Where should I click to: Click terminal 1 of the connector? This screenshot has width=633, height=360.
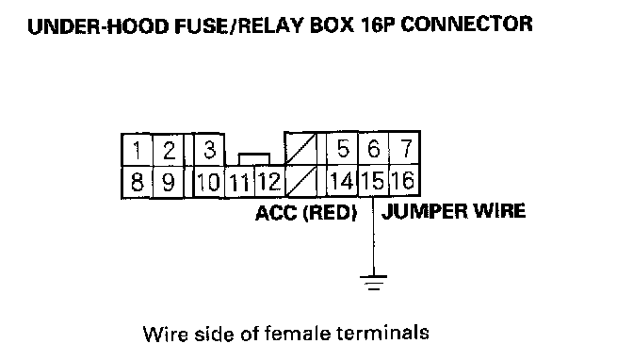click(138, 150)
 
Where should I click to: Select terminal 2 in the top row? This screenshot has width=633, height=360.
click(169, 150)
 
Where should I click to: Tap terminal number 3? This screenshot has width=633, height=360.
click(209, 150)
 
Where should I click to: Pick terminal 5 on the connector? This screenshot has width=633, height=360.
click(342, 149)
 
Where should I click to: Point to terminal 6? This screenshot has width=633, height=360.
click(373, 149)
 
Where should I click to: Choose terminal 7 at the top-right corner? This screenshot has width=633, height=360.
click(404, 149)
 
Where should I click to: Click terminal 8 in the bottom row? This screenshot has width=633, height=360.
click(138, 182)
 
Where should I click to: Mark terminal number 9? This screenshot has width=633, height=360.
click(169, 182)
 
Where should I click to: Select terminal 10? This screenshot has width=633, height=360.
click(209, 182)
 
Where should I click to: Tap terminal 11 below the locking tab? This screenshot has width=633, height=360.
click(239, 182)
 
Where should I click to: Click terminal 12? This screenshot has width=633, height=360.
click(269, 182)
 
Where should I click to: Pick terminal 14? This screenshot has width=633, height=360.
click(342, 181)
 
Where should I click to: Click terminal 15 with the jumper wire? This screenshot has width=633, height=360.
click(373, 181)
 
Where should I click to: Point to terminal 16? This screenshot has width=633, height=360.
click(404, 181)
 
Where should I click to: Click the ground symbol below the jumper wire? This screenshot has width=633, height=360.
click(373, 283)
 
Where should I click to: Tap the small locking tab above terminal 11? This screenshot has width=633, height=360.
click(254, 159)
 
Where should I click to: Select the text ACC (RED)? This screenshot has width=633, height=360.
click(306, 213)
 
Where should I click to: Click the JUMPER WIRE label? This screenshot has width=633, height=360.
click(453, 211)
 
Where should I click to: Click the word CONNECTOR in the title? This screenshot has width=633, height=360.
click(466, 25)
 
